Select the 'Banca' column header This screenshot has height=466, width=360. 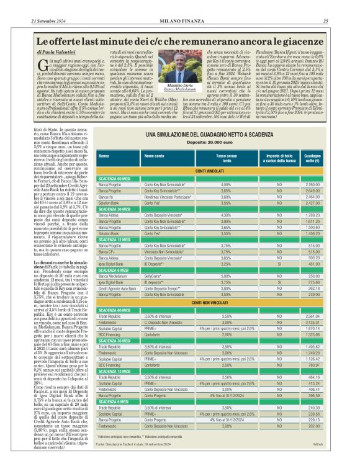tap(105, 156)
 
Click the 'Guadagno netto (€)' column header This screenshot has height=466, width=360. tap(330, 156)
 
